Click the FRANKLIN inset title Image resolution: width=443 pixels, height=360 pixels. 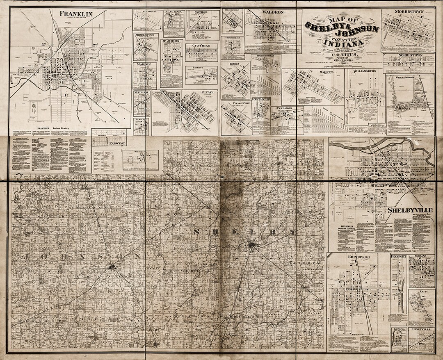pos(76,14)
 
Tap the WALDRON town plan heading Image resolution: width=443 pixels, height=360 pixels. pos(273,12)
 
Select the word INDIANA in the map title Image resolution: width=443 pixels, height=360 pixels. pos(343,42)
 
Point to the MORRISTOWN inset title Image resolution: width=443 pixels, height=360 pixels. pos(408,12)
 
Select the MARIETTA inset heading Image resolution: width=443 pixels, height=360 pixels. pos(327,72)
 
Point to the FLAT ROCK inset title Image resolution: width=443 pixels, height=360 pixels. pos(174,12)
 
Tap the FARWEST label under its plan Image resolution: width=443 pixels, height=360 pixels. pos(109,144)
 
